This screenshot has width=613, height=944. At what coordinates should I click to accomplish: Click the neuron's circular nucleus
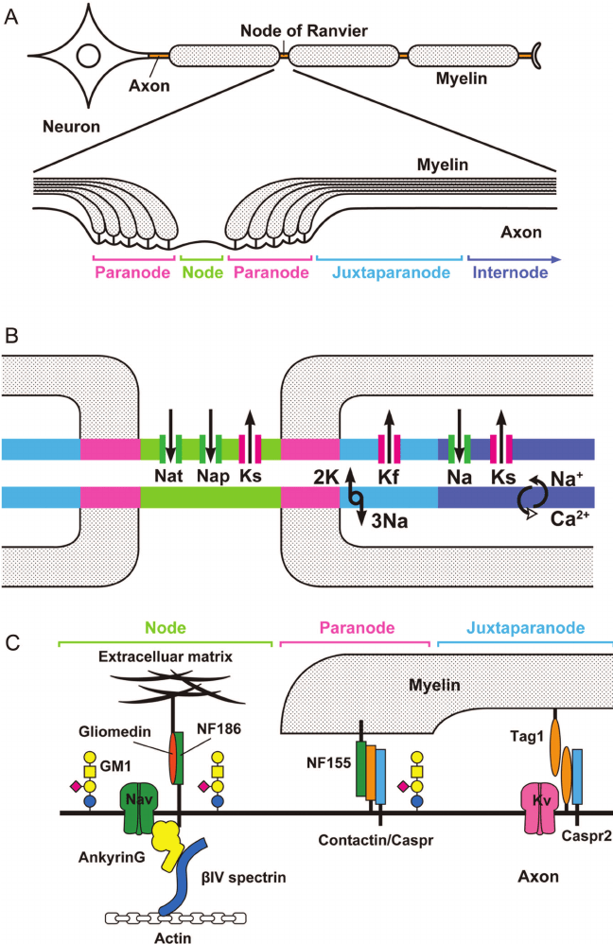(x=88, y=57)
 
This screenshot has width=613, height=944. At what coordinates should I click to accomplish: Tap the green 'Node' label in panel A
(x=201, y=272)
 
